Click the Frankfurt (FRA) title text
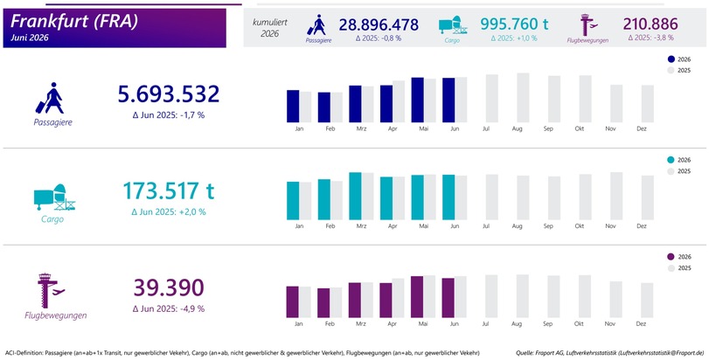tap(74, 21)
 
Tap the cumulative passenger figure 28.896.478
tap(379, 24)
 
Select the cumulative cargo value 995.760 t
tap(514, 23)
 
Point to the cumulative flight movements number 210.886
tap(650, 24)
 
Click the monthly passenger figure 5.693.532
tap(168, 94)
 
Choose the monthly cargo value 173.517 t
tap(168, 190)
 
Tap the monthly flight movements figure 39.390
tap(168, 287)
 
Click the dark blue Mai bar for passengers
tap(417, 100)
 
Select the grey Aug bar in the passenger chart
tap(523, 98)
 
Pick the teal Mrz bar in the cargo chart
tap(355, 196)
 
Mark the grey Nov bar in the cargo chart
tap(616, 196)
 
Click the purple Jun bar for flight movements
tap(448, 298)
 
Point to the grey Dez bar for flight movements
tap(647, 301)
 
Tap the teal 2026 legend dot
tap(671, 159)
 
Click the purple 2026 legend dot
tap(671, 257)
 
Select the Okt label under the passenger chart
tap(580, 128)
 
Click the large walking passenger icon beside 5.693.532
tap(50, 98)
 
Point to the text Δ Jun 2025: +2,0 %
tap(169, 211)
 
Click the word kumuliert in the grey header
tap(270, 22)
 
